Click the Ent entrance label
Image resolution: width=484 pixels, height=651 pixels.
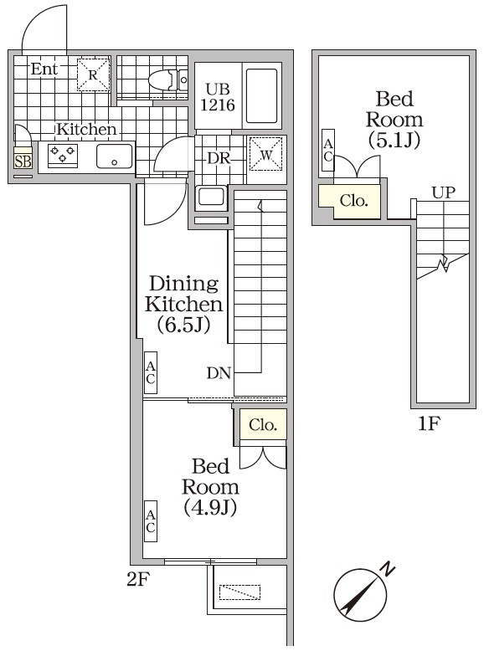pyautogui.click(x=44, y=69)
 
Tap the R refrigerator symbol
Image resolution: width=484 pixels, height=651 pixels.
pyautogui.click(x=94, y=74)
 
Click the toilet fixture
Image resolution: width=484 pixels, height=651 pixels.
pyautogui.click(x=164, y=80)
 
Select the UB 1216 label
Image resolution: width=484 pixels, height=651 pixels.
pyautogui.click(x=217, y=96)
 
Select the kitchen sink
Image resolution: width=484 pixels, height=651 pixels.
pyautogui.click(x=114, y=156)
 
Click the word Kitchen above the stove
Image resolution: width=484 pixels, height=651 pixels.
pyautogui.click(x=85, y=130)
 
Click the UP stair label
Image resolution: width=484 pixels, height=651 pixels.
pyautogui.click(x=443, y=192)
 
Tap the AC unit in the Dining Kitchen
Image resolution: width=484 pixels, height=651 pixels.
pyautogui.click(x=151, y=372)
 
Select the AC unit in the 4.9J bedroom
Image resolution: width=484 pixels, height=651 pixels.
pyautogui.click(x=151, y=520)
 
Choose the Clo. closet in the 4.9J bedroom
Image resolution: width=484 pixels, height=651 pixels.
pyautogui.click(x=262, y=425)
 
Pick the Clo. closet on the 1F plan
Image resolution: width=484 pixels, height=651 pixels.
pyautogui.click(x=353, y=201)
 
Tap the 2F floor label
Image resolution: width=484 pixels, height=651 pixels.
pyautogui.click(x=136, y=578)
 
